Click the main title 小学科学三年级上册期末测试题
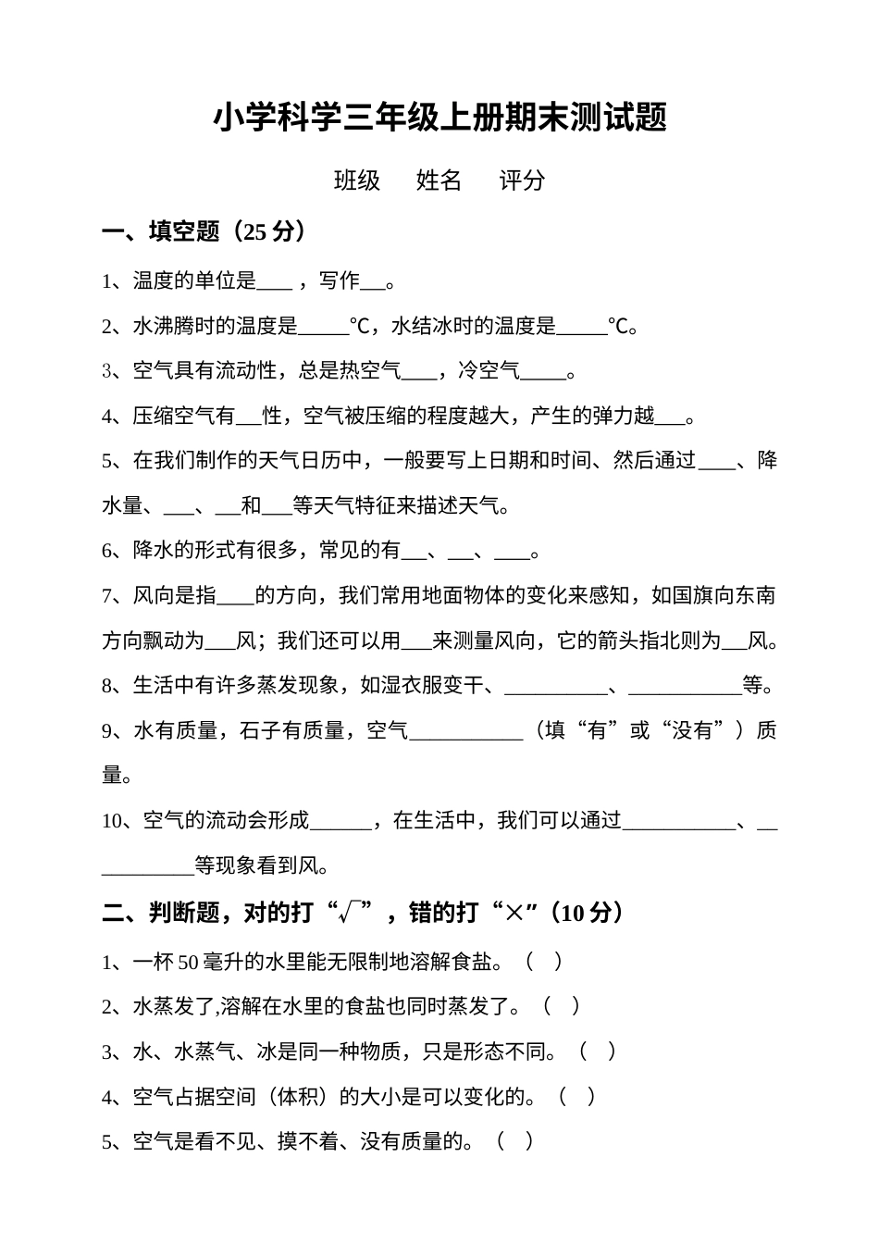[439, 118]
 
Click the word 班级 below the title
[357, 180]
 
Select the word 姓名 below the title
[439, 180]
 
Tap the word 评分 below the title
[522, 180]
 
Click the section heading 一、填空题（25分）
[204, 231]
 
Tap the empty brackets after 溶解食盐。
[543, 962]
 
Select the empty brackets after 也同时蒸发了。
[562, 1006]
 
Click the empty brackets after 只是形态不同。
[597, 1051]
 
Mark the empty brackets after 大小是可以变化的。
[577, 1097]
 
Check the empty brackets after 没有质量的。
[514, 1142]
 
